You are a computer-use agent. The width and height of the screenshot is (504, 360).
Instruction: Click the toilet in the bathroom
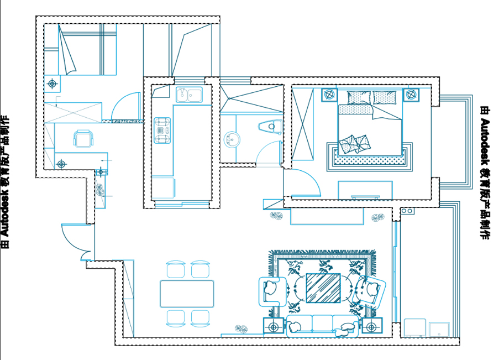(x=270, y=126)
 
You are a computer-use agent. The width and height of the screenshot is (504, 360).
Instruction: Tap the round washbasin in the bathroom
(x=232, y=139)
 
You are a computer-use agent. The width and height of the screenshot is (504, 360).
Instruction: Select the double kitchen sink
(x=189, y=95)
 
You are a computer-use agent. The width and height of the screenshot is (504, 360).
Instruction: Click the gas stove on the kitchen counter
(x=162, y=131)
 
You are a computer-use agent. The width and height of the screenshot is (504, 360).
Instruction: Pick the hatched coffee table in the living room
(x=323, y=288)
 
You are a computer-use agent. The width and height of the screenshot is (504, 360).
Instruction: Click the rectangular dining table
(x=187, y=294)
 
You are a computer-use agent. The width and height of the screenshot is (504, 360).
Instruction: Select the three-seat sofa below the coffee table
(x=322, y=326)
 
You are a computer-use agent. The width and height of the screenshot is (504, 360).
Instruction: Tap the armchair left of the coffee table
(x=272, y=291)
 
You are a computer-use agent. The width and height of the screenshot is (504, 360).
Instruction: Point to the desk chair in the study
(x=83, y=138)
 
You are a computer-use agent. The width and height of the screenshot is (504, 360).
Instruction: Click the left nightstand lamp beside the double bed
(x=329, y=95)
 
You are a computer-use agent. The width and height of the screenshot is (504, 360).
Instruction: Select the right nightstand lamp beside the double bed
(x=411, y=95)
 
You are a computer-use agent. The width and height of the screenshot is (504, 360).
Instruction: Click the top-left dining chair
(x=176, y=269)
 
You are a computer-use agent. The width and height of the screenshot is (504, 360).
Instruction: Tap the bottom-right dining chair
(x=200, y=319)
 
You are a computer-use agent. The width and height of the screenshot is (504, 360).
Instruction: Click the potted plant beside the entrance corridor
(x=100, y=190)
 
